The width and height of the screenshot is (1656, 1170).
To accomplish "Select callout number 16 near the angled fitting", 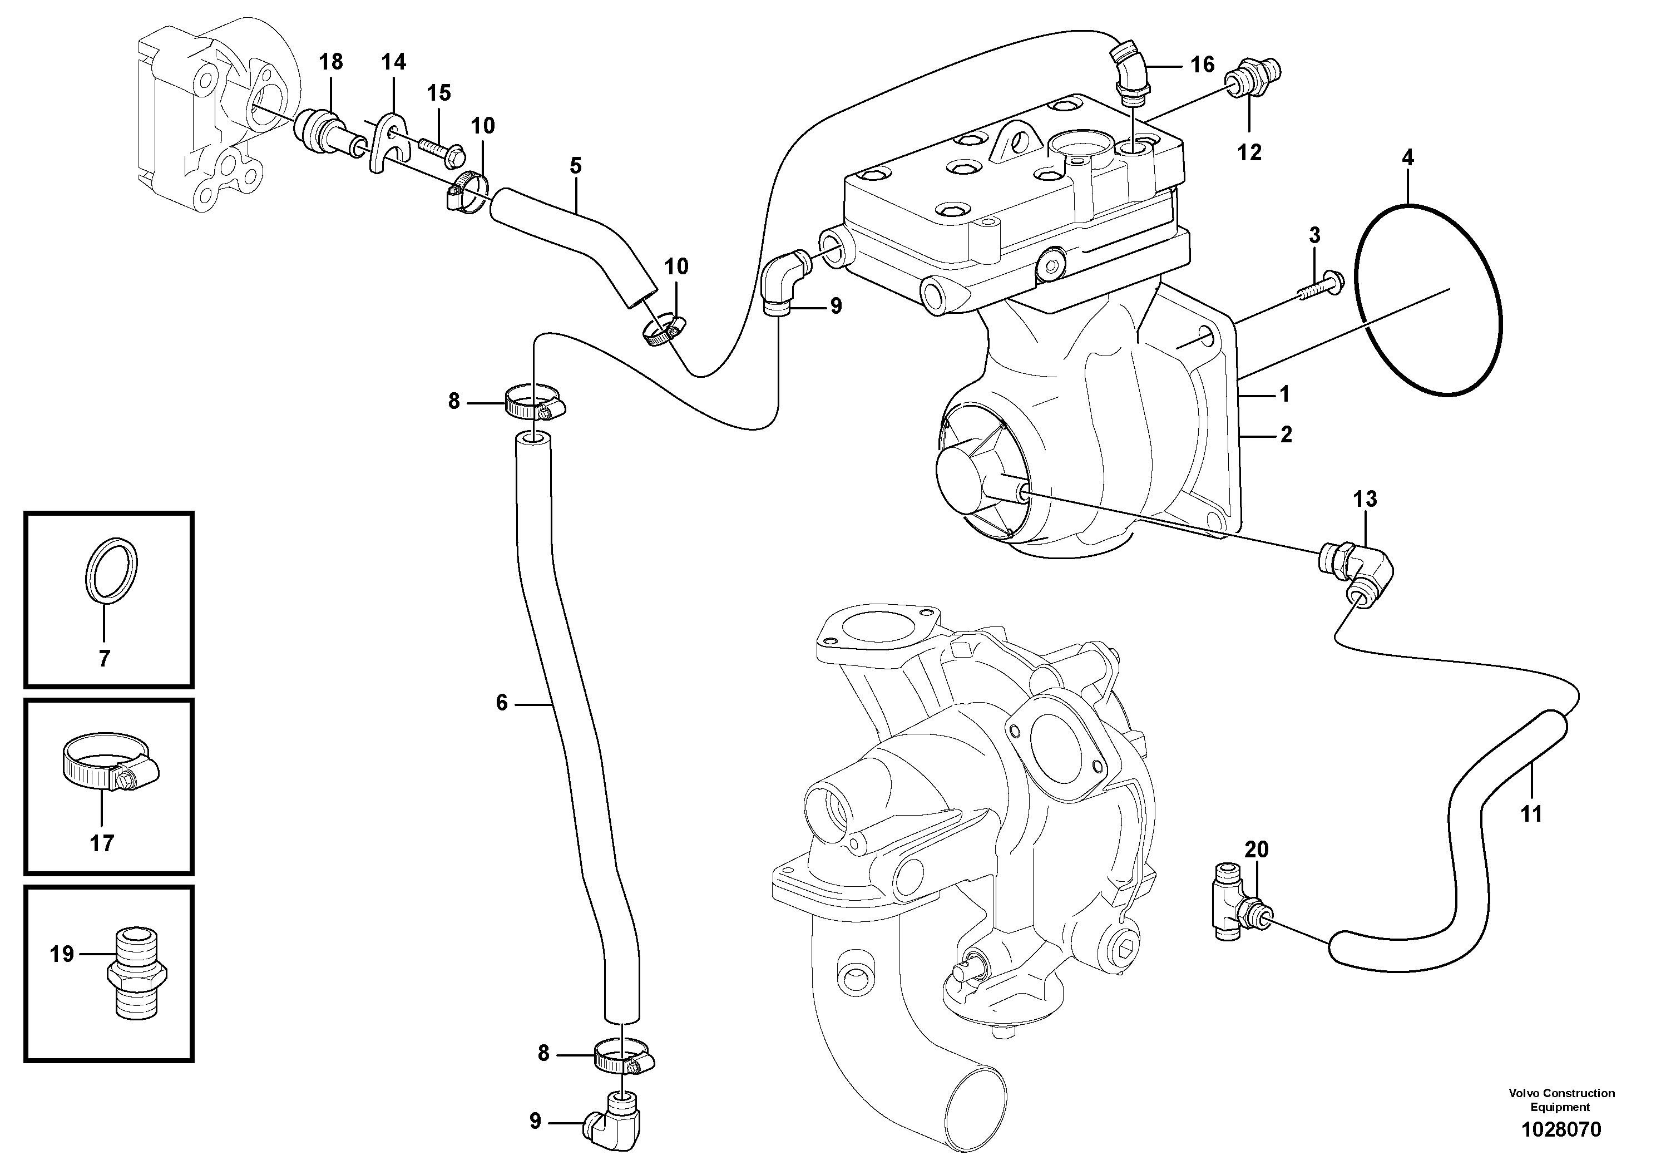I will coord(1202,65).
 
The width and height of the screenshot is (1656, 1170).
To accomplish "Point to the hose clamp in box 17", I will coord(108,764).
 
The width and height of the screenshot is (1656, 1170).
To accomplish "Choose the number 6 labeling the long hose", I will coord(501,702).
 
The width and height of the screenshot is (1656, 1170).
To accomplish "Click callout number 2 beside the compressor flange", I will coord(1286,435).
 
